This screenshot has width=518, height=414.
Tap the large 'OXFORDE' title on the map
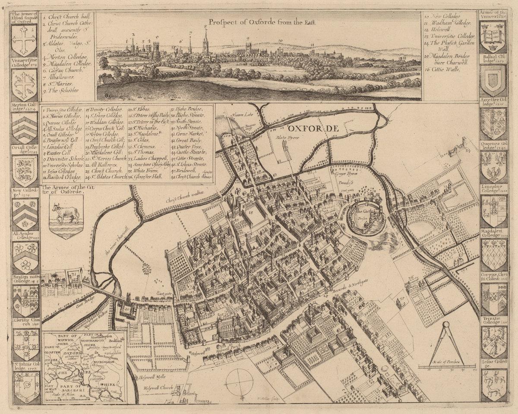[309, 128]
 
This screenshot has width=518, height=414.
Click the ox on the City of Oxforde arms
[65, 213]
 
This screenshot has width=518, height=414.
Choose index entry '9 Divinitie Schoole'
[63, 158]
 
